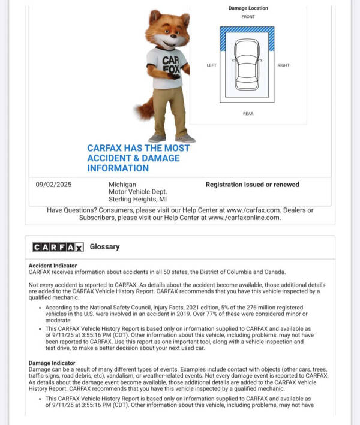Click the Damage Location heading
click(248, 8)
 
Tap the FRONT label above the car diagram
click(248, 17)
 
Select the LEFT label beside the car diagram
click(211, 65)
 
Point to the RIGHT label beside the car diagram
click(283, 65)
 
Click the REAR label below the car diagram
click(248, 113)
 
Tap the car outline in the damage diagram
click(247, 64)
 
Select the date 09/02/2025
click(53, 185)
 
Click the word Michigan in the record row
click(122, 185)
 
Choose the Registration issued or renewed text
click(252, 185)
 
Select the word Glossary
click(104, 246)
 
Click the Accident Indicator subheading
click(53, 265)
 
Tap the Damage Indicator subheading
click(52, 363)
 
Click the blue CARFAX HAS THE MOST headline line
click(138, 148)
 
